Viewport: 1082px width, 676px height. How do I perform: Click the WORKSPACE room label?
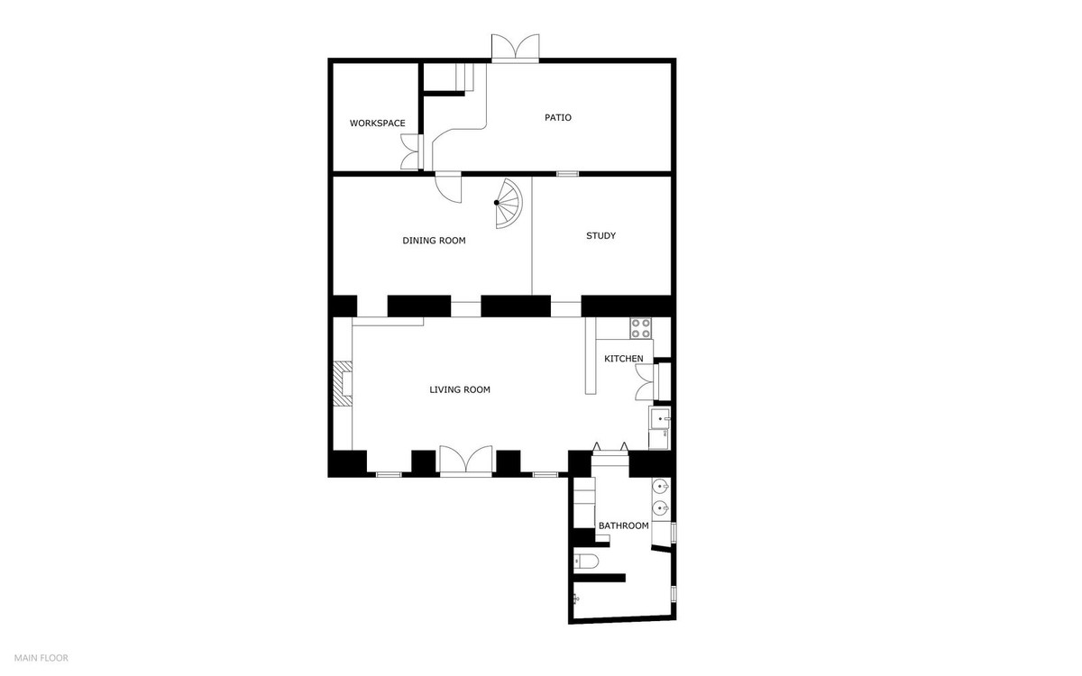pyautogui.click(x=377, y=123)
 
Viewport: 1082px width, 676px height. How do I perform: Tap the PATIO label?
pyautogui.click(x=558, y=118)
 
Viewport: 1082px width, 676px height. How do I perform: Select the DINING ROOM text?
pyautogui.click(x=434, y=241)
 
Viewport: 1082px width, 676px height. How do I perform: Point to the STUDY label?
pyautogui.click(x=601, y=236)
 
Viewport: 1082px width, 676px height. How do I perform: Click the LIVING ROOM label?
pyautogui.click(x=460, y=390)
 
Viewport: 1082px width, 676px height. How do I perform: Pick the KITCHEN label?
pyautogui.click(x=624, y=359)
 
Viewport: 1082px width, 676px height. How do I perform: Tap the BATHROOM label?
pyautogui.click(x=624, y=525)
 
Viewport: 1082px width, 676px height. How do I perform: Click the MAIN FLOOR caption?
pyautogui.click(x=41, y=658)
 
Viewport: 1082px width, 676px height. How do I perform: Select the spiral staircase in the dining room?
pyautogui.click(x=508, y=204)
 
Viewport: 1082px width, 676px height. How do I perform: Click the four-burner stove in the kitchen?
pyautogui.click(x=641, y=328)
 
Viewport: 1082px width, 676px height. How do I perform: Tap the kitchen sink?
pyautogui.click(x=660, y=419)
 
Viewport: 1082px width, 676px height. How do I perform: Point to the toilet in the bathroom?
pyautogui.click(x=587, y=562)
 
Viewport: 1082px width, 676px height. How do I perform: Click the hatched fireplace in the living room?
pyautogui.click(x=344, y=382)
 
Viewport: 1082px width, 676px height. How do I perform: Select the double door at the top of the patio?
pyautogui.click(x=515, y=48)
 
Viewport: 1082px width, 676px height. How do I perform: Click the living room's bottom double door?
pyautogui.click(x=466, y=460)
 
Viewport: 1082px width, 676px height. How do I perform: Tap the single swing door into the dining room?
pyautogui.click(x=448, y=187)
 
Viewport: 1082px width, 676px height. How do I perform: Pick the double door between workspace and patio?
pyautogui.click(x=411, y=151)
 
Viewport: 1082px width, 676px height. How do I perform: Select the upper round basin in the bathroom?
pyautogui.click(x=660, y=489)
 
